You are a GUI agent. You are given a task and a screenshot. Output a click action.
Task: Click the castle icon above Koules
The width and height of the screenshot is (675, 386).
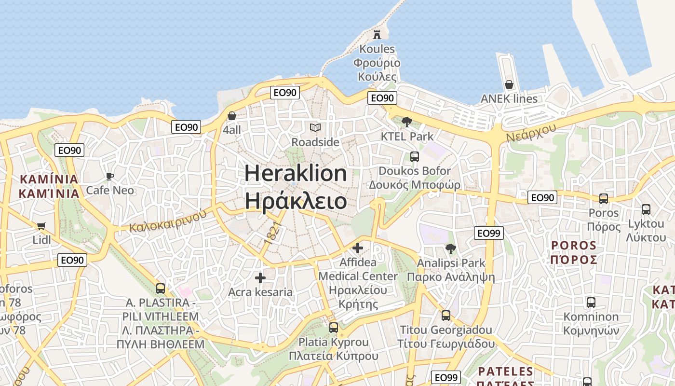click(377, 35)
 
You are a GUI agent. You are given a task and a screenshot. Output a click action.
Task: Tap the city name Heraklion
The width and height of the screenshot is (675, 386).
click(296, 173)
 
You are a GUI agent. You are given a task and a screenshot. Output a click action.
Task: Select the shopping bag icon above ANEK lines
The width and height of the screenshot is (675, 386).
click(509, 85)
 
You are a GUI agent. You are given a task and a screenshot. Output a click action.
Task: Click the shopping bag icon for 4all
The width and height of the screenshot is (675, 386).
click(232, 116)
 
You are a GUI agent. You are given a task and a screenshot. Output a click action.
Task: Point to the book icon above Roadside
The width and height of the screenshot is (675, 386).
click(315, 128)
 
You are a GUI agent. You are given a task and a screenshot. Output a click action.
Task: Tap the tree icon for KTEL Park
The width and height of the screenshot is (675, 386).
click(407, 122)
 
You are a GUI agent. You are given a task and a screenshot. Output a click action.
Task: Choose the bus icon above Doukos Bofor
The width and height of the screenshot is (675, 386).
click(414, 156)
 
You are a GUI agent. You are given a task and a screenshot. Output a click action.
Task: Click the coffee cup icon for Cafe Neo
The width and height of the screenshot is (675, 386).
click(110, 176)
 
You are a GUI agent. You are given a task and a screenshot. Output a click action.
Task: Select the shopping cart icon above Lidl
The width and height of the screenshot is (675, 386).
click(41, 226)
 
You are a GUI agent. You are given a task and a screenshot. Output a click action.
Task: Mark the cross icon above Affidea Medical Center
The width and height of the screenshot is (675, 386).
click(358, 248)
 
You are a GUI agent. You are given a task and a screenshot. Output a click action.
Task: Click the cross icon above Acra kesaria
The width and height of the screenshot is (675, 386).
click(260, 278)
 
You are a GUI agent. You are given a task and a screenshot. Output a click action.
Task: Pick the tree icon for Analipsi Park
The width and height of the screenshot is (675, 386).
click(451, 249)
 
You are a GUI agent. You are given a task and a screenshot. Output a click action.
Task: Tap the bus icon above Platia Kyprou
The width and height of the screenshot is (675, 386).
click(333, 328)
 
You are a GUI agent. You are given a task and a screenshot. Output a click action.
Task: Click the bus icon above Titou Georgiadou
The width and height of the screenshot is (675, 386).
click(446, 316)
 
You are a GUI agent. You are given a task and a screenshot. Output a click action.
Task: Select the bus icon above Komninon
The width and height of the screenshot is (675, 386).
click(591, 303)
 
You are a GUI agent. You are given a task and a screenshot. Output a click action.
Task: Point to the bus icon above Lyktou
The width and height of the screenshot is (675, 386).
click(646, 209)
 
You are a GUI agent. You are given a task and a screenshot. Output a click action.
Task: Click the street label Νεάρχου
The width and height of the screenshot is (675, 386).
click(531, 132)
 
